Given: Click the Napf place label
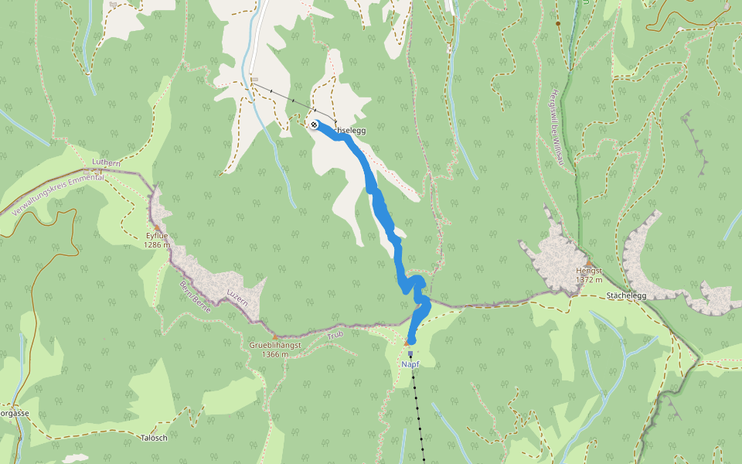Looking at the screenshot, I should click(x=410, y=363).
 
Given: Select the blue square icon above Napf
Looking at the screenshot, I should click(x=410, y=353).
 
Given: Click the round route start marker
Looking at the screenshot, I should click(x=314, y=125).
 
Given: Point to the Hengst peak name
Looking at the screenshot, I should click(x=588, y=271).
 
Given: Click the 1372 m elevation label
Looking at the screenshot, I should click(x=588, y=280).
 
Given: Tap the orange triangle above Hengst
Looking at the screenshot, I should click(x=587, y=262).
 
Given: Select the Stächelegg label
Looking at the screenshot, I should click(x=626, y=295).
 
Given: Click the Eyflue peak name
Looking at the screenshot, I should click(x=156, y=235).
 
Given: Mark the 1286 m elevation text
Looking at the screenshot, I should click(x=156, y=244).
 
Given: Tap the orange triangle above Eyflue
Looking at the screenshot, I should click(x=156, y=227).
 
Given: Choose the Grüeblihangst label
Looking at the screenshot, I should click(x=274, y=345).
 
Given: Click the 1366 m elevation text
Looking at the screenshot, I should click(x=274, y=354).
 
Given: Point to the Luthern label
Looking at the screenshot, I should click(x=106, y=163).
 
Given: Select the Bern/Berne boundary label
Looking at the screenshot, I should click(x=196, y=292).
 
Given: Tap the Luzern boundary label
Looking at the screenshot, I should click(x=237, y=299).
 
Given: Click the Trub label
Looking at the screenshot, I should click(x=335, y=335).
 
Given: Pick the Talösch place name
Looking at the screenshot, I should click(x=154, y=438).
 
